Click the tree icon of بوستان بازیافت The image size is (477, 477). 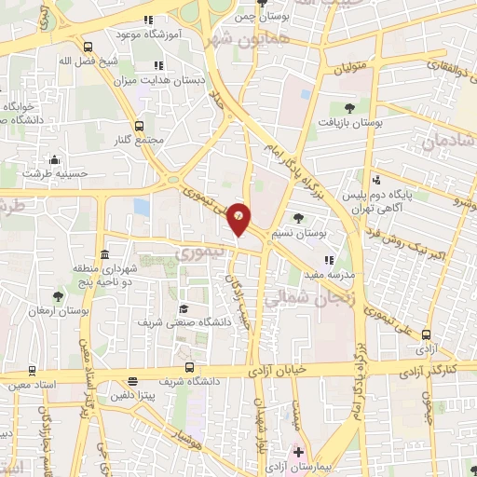[x=348, y=108]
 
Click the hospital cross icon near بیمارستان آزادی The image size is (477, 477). [x=298, y=453]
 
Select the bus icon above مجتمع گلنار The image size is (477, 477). [x=140, y=125]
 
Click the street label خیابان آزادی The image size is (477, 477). [x=279, y=371]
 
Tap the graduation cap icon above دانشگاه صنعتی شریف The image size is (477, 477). [x=184, y=308]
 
